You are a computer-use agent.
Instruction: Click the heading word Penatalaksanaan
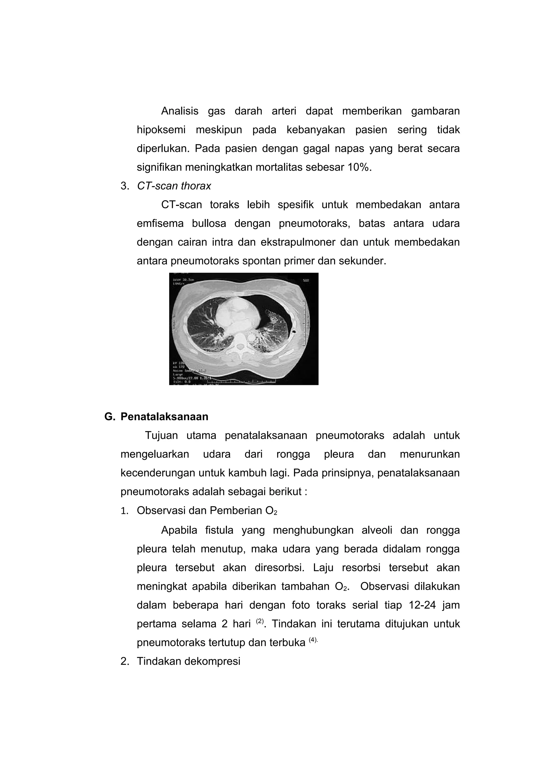click(164, 416)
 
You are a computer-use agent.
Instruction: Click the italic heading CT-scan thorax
click(174, 186)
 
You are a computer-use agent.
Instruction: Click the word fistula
click(219, 530)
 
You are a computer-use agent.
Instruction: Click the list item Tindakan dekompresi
click(188, 662)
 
